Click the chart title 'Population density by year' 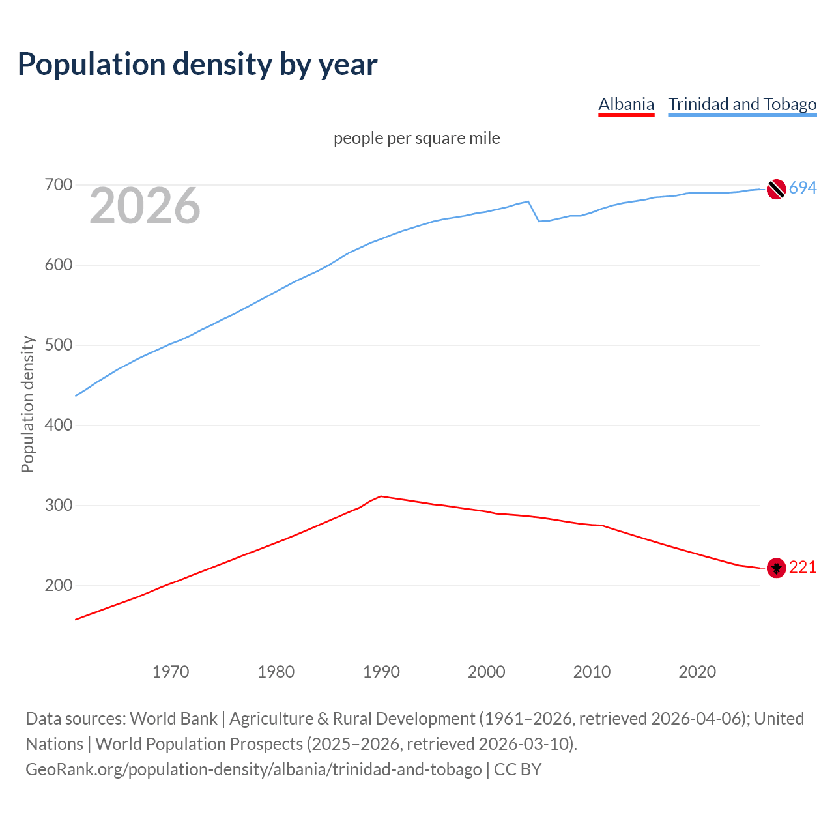pyautogui.click(x=197, y=65)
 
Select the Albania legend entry pyautogui.click(x=625, y=104)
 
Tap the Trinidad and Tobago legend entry pyautogui.click(x=742, y=104)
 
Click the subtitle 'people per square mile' pyautogui.click(x=416, y=138)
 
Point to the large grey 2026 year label pyautogui.click(x=145, y=206)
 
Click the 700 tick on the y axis pyautogui.click(x=58, y=185)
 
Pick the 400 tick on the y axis pyautogui.click(x=58, y=425)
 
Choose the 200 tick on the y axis pyautogui.click(x=58, y=586)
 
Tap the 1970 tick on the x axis pyautogui.click(x=171, y=672)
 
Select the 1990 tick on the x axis pyautogui.click(x=381, y=672)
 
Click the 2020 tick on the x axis pyautogui.click(x=697, y=672)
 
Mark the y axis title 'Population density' pyautogui.click(x=27, y=404)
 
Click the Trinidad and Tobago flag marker pyautogui.click(x=776, y=189)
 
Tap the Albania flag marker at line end pyautogui.click(x=776, y=568)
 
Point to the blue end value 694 pyautogui.click(x=803, y=188)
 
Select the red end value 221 pyautogui.click(x=803, y=568)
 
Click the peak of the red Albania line pyautogui.click(x=381, y=496)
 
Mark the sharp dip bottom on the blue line pyautogui.click(x=539, y=222)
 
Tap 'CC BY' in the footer pyautogui.click(x=517, y=769)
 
